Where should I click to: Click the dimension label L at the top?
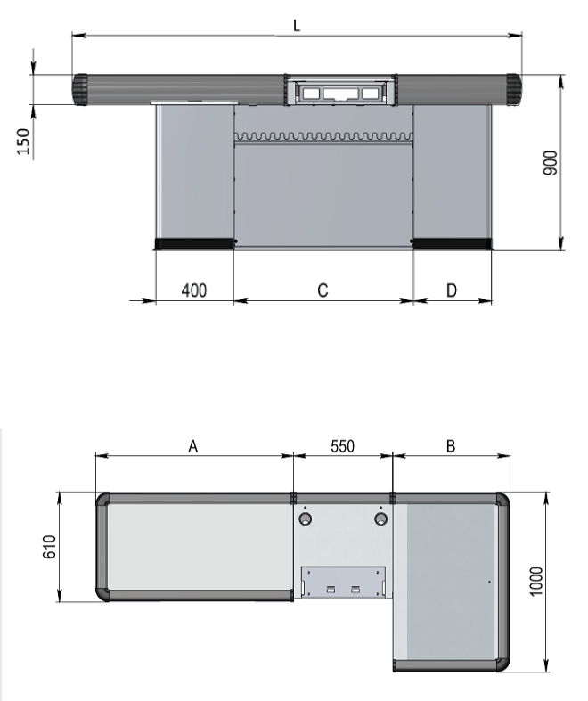click(x=297, y=26)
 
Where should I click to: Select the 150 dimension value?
click(x=23, y=142)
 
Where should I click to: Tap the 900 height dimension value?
click(x=551, y=163)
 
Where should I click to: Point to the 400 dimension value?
click(x=194, y=290)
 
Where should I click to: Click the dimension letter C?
click(x=323, y=290)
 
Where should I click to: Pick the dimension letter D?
click(x=452, y=290)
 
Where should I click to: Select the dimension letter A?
click(x=192, y=446)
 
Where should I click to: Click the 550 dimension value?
click(x=342, y=446)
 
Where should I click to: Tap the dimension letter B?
click(x=451, y=446)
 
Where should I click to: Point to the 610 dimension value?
click(x=49, y=546)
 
